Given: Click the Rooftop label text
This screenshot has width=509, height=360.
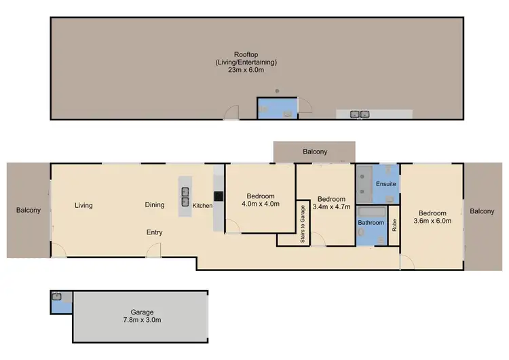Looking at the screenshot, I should [246, 55].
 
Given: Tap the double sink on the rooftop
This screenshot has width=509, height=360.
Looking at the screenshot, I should [359, 114].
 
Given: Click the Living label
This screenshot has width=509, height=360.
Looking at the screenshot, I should [83, 205].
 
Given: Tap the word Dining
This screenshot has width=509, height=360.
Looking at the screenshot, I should [155, 205].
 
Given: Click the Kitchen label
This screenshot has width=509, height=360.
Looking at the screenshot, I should [202, 205].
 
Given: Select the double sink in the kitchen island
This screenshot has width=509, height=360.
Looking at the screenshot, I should [185, 196].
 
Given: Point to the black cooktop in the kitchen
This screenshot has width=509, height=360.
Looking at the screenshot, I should [218, 196].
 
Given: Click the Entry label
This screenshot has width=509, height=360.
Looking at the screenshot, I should [155, 232].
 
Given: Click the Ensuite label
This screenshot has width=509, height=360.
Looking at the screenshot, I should [388, 183].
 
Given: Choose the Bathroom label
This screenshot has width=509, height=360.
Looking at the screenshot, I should [371, 222].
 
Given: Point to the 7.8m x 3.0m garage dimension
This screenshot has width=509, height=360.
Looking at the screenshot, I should [138, 319].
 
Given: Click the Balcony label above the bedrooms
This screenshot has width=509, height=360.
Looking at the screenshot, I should [314, 152].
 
